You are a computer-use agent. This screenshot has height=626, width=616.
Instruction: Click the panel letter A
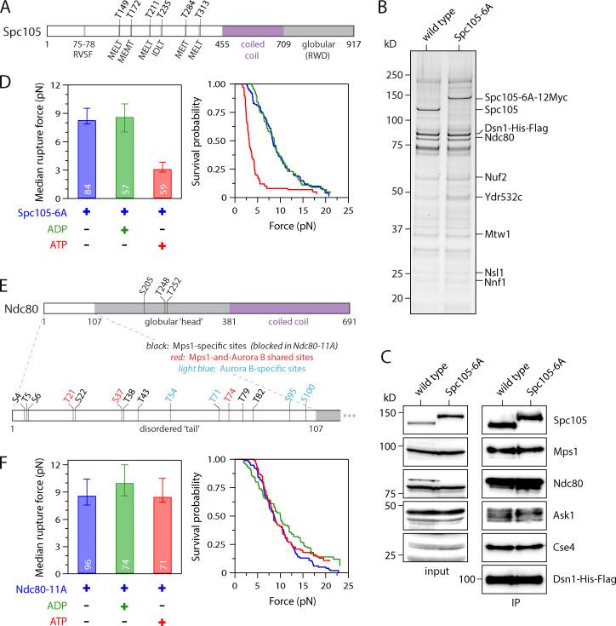pos(6,7)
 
